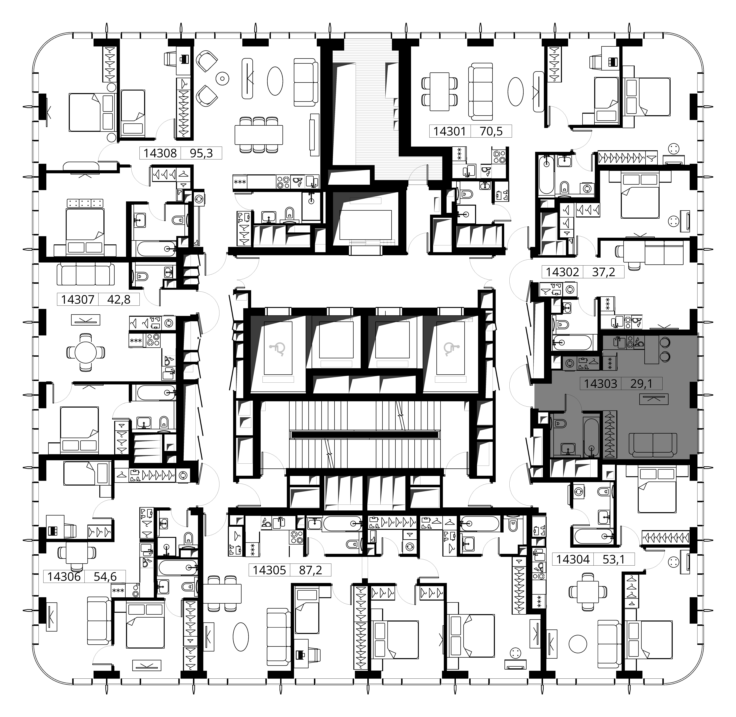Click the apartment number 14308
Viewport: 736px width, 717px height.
click(x=160, y=153)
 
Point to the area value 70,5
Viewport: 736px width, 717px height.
click(x=491, y=131)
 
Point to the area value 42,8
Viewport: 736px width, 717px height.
click(x=119, y=299)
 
